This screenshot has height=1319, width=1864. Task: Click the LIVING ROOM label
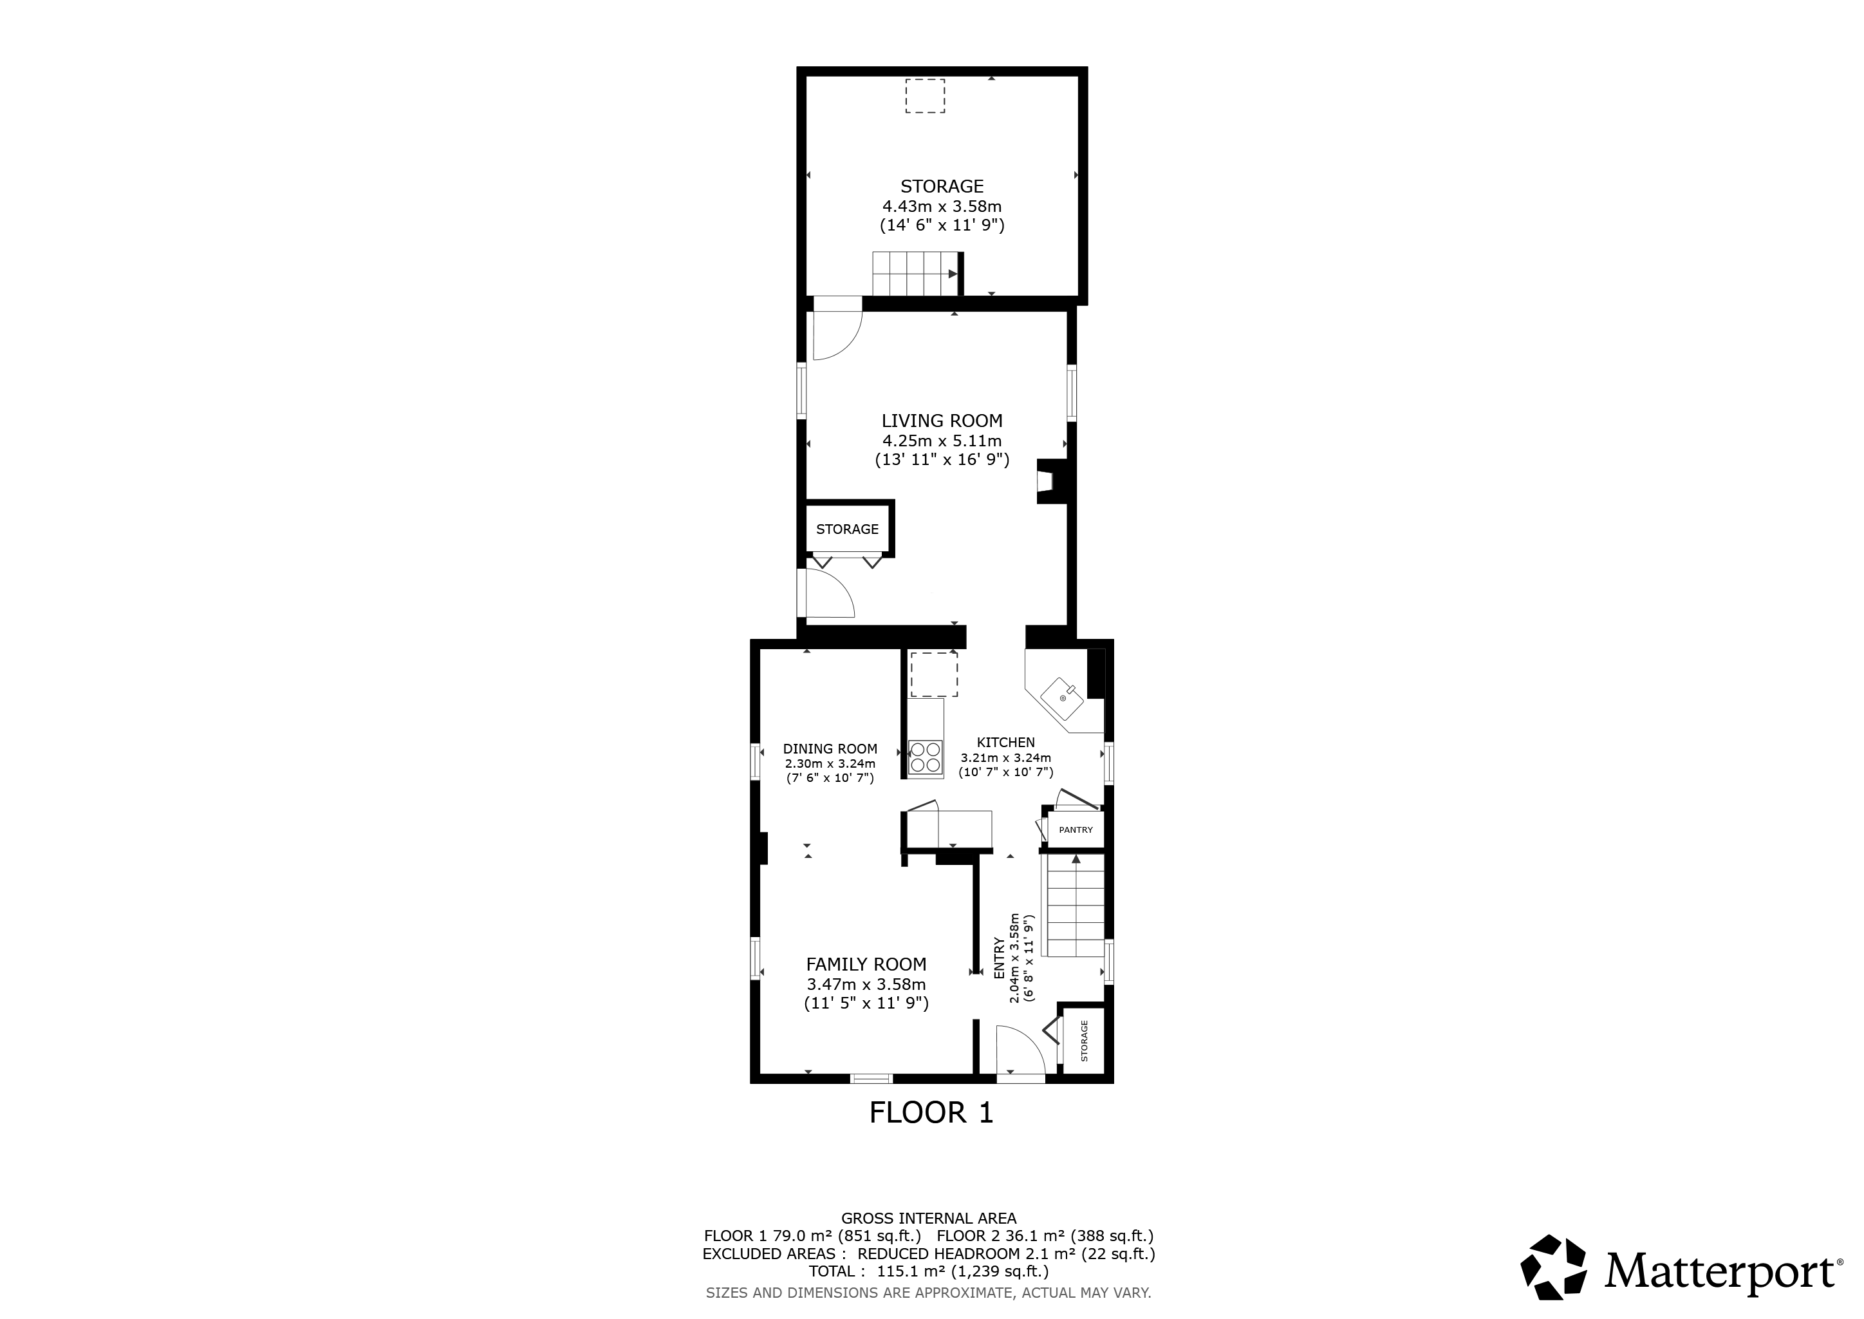(x=942, y=421)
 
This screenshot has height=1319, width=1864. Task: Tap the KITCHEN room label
(x=1006, y=743)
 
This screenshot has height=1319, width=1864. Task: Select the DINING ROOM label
(x=830, y=749)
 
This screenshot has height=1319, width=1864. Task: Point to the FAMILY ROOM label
(x=866, y=964)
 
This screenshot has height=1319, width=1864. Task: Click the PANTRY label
(x=1076, y=830)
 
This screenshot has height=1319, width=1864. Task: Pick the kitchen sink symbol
(x=1063, y=697)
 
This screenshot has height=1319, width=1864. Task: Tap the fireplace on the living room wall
(x=1053, y=482)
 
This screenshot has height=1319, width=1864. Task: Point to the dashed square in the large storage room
(x=926, y=96)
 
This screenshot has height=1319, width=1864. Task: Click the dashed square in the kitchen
(x=934, y=674)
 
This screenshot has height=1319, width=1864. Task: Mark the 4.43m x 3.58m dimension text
(x=942, y=206)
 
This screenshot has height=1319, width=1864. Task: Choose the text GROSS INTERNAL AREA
(x=929, y=1219)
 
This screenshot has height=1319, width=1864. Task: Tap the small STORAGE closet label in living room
(x=847, y=529)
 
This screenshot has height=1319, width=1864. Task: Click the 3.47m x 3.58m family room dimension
(x=866, y=984)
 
